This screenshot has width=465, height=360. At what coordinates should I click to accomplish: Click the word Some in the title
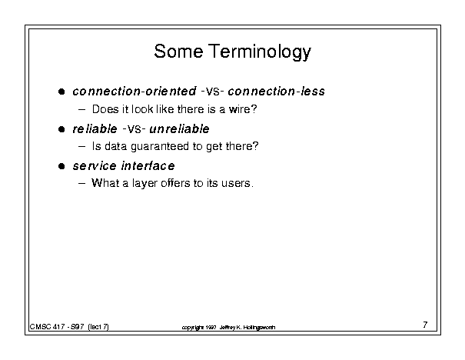pos(178,51)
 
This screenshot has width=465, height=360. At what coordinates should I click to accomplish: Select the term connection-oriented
pos(135,91)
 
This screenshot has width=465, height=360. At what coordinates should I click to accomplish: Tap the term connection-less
pos(277,91)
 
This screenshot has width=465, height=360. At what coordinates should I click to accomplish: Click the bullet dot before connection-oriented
pos(61,92)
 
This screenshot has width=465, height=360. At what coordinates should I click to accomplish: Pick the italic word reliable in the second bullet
pos(95,128)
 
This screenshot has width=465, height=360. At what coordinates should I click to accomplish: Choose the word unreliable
pos(179,128)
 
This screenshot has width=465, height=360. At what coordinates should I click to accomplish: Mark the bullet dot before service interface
pos(61,166)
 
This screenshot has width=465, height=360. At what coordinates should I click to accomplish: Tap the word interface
pos(148,165)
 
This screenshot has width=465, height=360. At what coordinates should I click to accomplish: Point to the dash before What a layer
pos(81,183)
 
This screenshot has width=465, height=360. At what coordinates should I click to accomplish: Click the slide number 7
pos(425,325)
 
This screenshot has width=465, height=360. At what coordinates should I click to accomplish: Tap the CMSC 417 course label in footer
pos(47,327)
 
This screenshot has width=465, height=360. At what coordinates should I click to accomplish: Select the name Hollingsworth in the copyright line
pos(259,328)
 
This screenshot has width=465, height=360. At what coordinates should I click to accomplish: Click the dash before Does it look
pos(81,109)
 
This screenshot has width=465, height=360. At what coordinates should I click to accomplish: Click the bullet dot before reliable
pos(61,129)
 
